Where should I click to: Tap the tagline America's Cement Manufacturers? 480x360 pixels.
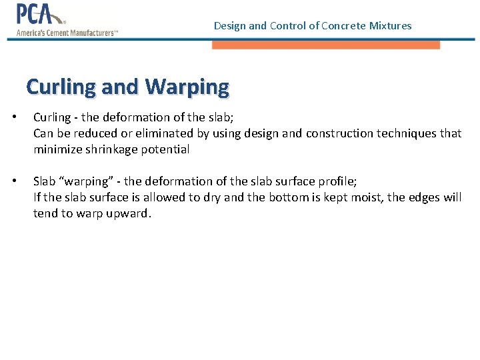[67, 33]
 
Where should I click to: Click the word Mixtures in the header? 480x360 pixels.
[391, 26]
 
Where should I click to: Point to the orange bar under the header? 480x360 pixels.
[325, 45]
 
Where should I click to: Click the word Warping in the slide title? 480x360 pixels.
[186, 87]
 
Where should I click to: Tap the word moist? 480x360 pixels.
[365, 197]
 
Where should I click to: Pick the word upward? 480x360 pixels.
[132, 213]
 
